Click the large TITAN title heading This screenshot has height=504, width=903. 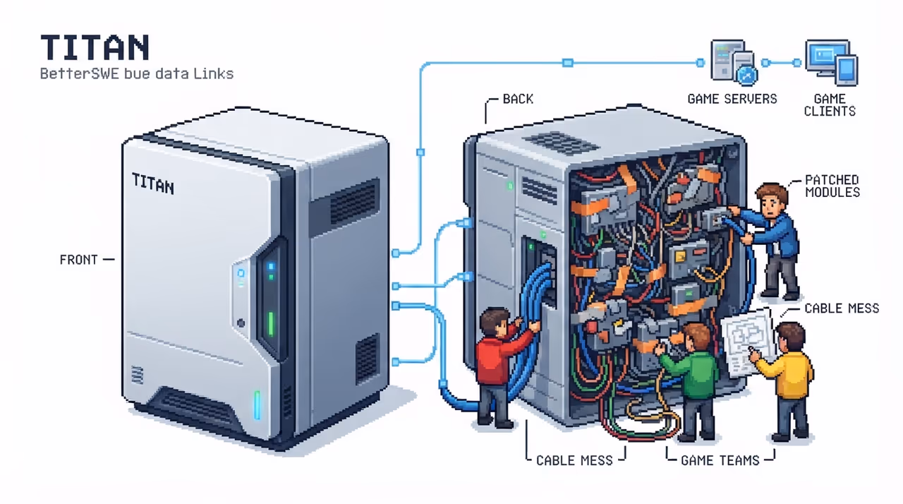click(x=95, y=47)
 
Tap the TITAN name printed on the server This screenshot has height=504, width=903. click(x=153, y=184)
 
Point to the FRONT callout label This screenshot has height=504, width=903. click(x=78, y=260)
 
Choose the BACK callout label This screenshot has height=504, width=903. click(x=518, y=99)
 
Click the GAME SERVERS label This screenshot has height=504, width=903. click(x=732, y=99)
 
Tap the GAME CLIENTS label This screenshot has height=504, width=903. click(x=830, y=105)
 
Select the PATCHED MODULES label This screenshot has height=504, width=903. click(x=832, y=186)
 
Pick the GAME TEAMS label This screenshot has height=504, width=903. click(x=720, y=460)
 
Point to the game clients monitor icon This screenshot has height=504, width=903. click(x=831, y=62)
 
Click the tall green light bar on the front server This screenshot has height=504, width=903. click(x=271, y=324)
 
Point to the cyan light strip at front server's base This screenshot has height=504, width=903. click(x=257, y=404)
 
